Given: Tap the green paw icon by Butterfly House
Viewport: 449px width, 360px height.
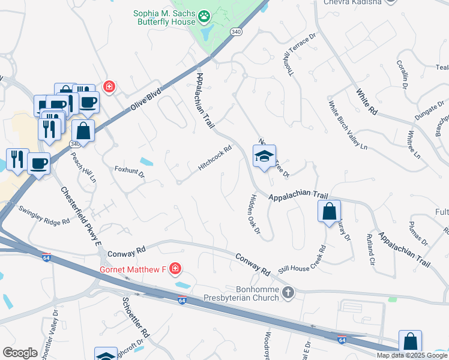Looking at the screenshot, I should (x=205, y=14).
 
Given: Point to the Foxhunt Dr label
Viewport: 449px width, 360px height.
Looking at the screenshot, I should (x=130, y=173).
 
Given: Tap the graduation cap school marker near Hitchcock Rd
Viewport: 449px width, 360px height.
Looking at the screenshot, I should (x=264, y=157).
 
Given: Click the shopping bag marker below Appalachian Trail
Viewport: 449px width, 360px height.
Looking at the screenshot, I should (x=329, y=211).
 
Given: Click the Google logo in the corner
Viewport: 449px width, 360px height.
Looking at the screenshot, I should (x=20, y=352).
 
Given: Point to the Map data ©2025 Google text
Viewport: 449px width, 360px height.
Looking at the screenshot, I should (x=411, y=355).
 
